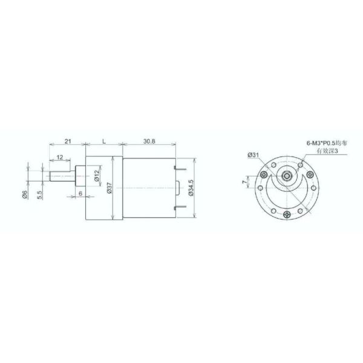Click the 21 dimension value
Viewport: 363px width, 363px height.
click(x=68, y=141)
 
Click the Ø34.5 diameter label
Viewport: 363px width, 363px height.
click(x=191, y=189)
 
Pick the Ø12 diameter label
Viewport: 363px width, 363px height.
click(x=97, y=176)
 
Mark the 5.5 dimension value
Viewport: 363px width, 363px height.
click(x=39, y=194)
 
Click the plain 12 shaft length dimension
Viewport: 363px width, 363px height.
click(x=60, y=158)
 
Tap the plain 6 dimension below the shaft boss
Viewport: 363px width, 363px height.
click(x=80, y=193)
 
